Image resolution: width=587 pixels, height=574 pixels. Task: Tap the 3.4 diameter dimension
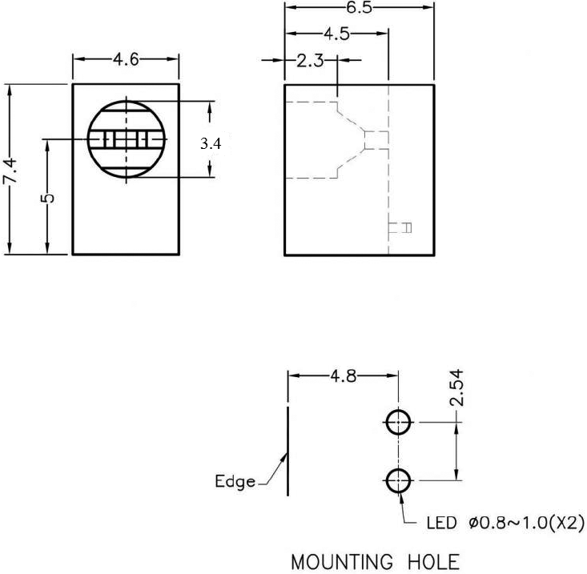click(210, 144)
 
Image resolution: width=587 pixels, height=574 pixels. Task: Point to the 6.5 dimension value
click(359, 7)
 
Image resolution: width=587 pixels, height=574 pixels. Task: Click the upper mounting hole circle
click(398, 421)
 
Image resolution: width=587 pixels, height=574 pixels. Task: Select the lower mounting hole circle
click(398, 481)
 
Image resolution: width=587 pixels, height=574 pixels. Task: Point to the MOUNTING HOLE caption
click(375, 560)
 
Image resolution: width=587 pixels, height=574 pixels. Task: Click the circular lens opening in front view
click(126, 139)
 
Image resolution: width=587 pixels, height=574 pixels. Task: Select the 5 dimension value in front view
click(48, 198)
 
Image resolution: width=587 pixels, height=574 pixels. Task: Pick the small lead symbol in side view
click(406, 228)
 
